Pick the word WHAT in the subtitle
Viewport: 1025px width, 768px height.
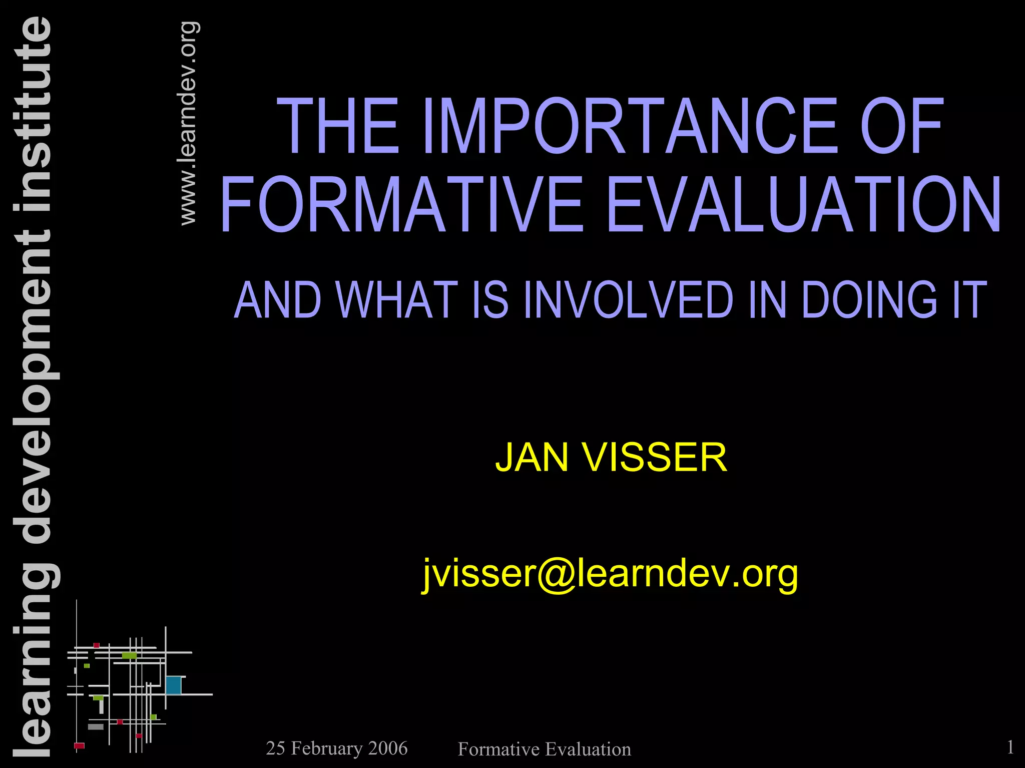tap(397, 300)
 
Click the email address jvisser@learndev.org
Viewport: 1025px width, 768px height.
tap(610, 574)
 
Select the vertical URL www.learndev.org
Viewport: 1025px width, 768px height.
tap(189, 123)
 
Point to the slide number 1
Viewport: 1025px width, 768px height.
tap(1010, 747)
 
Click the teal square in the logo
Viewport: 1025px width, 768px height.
tap(173, 685)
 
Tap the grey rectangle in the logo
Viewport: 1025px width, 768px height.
tap(96, 726)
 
